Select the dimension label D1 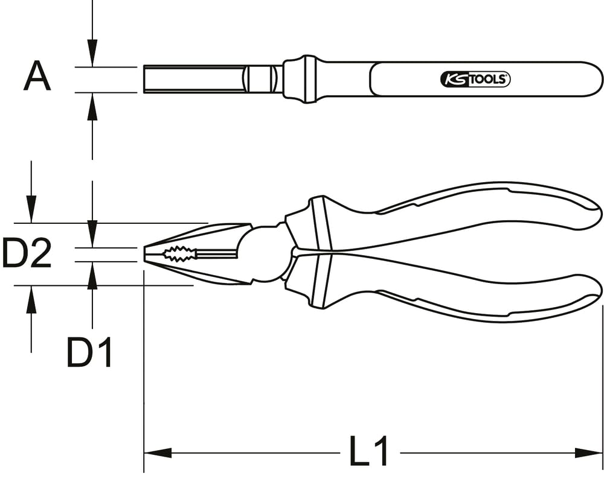click(x=89, y=352)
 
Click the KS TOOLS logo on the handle click(x=475, y=79)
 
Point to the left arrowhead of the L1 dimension click(x=158, y=453)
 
